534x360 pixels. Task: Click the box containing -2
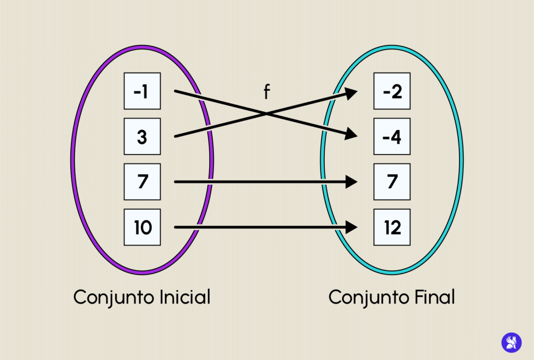[x=392, y=91]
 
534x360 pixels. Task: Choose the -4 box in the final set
[x=392, y=137]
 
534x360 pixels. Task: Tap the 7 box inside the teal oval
[x=392, y=182]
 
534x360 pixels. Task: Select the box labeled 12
[x=392, y=227]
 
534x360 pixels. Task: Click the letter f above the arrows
[x=266, y=92]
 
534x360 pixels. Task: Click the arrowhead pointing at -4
[x=351, y=135]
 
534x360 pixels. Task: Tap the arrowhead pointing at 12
[x=351, y=227]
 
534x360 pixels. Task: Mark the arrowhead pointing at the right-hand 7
[x=351, y=182]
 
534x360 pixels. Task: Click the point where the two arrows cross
[x=266, y=114]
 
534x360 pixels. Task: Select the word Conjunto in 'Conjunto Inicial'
[x=106, y=297]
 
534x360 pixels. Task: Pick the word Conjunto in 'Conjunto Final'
[x=361, y=297]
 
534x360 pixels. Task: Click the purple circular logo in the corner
[x=511, y=342]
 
